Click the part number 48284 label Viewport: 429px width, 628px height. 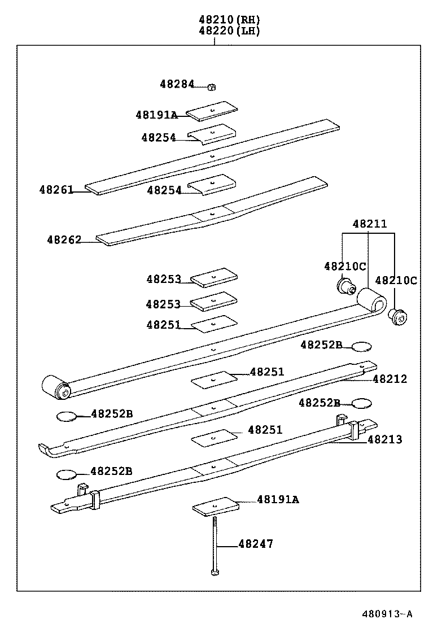(176, 84)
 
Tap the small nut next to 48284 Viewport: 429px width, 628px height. (212, 86)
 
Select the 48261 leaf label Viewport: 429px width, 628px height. (56, 190)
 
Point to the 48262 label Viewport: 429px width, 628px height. (64, 239)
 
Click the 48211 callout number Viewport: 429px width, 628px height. (370, 224)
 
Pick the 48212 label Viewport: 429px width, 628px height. (389, 379)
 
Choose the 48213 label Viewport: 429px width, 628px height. (385, 439)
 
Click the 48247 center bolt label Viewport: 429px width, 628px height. (256, 544)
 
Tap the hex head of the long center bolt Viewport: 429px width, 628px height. (214, 573)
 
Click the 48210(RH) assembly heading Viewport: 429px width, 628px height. (229, 19)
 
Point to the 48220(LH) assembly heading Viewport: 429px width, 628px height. (229, 31)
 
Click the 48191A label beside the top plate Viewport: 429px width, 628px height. (156, 115)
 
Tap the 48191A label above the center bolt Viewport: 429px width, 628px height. (278, 499)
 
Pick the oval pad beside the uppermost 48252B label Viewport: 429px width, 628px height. (362, 346)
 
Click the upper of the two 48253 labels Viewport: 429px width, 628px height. (164, 279)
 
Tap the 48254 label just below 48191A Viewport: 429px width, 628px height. (159, 137)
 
